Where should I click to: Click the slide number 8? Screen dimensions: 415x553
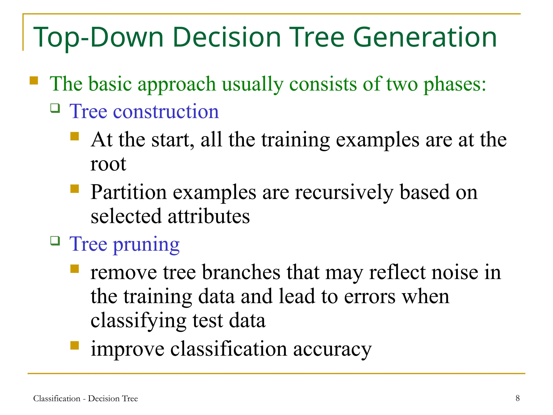tap(517, 398)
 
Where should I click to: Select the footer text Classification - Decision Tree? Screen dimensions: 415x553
tap(85, 399)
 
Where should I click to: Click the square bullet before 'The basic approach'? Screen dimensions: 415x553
tap(34, 81)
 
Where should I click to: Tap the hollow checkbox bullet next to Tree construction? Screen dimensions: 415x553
tap(55, 108)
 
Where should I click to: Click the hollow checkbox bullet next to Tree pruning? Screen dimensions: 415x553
tap(55, 240)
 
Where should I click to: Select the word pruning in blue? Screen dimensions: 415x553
tap(146, 244)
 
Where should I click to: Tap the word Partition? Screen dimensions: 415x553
tap(129, 192)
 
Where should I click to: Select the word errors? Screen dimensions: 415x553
tap(370, 297)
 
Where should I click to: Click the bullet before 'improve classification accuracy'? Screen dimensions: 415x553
tap(74, 346)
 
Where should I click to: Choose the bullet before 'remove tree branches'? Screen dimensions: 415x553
tap(74, 269)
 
